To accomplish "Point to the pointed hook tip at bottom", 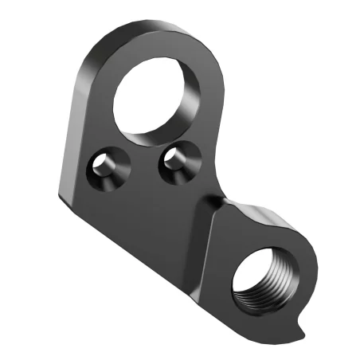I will pos(298,331).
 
